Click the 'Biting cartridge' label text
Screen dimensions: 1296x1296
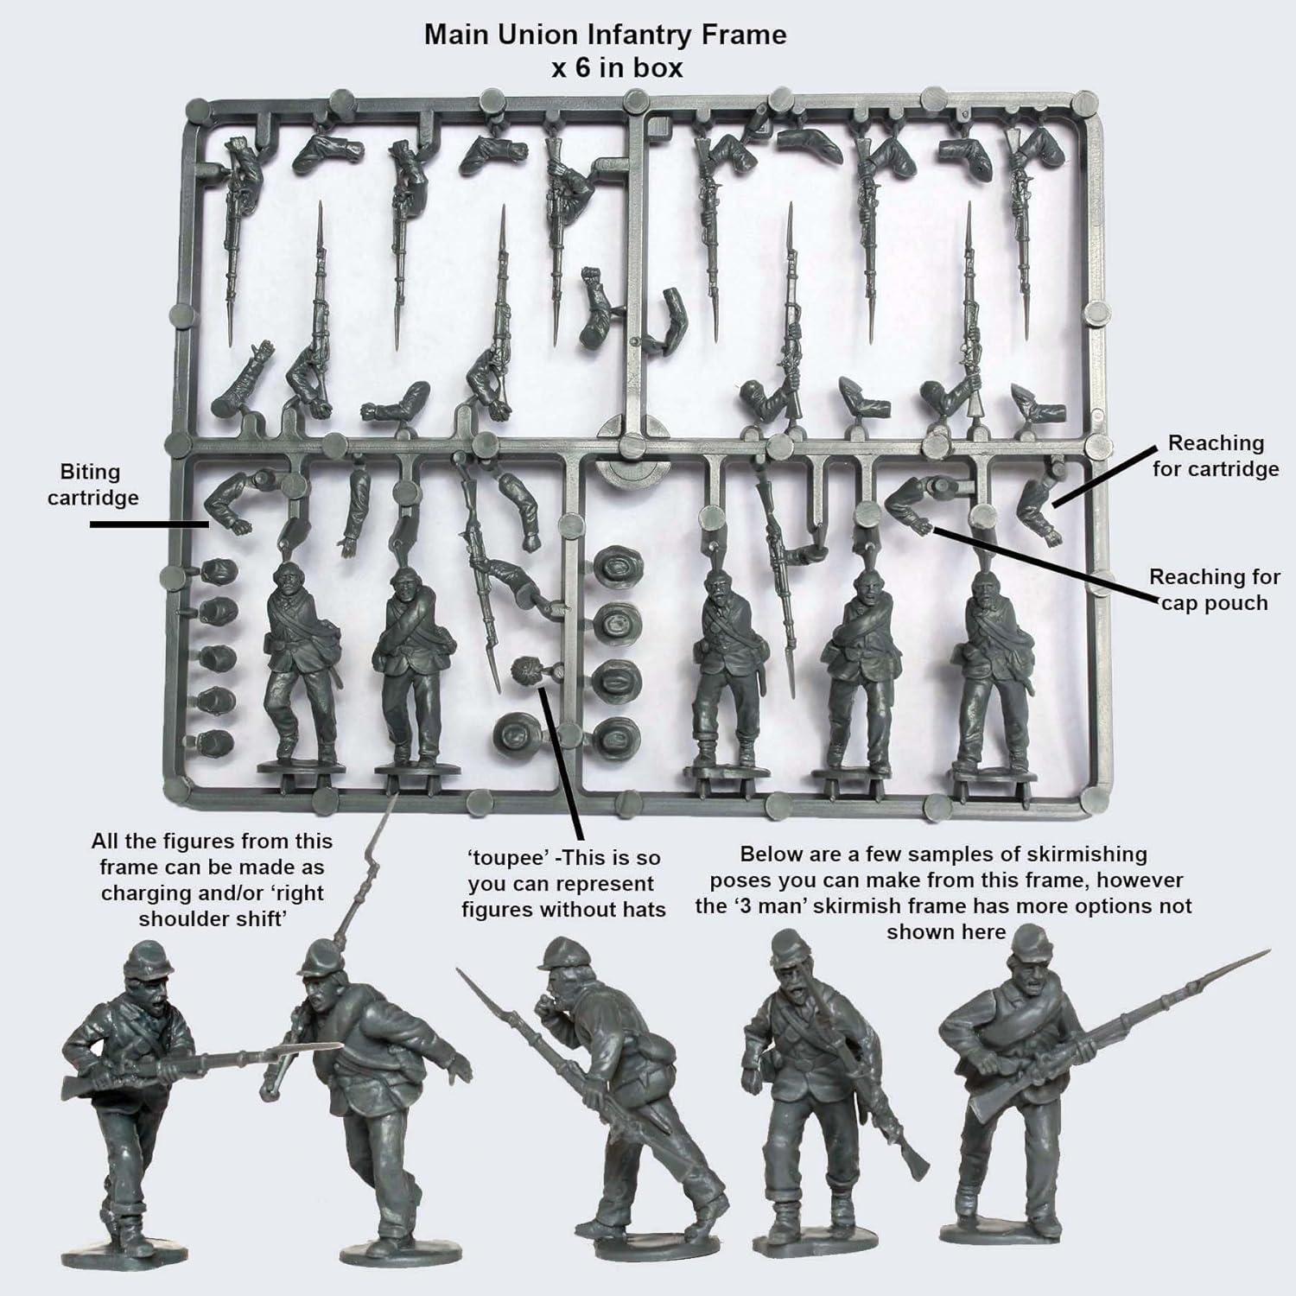click(x=92, y=485)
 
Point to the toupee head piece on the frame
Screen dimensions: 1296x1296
click(x=524, y=670)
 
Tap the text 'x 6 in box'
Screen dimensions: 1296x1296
click(x=617, y=67)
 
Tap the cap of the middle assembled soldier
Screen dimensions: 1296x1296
click(x=561, y=950)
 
